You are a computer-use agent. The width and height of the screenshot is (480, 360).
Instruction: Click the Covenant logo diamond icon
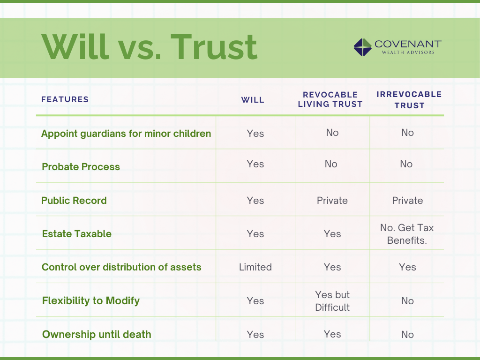362,47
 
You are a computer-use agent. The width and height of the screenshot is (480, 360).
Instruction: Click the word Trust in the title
214,47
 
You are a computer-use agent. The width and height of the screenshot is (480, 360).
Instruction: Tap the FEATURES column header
65,99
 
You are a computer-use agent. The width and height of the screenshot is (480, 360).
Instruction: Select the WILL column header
253,100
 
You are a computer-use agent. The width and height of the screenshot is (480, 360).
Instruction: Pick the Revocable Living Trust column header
330,99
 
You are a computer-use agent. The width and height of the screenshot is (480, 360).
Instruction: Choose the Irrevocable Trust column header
409,99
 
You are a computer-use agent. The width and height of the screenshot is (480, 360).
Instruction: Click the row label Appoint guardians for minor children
126,134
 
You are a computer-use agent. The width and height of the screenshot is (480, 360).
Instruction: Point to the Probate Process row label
81,167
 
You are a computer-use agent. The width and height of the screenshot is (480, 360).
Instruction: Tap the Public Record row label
74,201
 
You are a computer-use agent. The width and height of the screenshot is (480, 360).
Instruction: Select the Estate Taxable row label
76,234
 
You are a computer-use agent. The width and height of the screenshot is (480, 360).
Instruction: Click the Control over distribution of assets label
121,267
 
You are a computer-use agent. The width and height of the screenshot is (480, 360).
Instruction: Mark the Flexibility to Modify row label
91,300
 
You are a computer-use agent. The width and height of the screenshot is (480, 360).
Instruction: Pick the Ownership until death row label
97,334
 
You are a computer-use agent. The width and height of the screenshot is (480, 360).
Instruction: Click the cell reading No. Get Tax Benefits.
407,234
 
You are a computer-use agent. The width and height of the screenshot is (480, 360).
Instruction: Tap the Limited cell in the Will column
255,267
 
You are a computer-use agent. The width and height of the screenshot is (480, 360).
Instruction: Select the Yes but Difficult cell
332,301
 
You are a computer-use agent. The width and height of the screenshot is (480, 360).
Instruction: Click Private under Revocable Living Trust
332,201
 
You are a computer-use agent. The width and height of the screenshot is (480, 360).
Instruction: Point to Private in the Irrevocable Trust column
407,201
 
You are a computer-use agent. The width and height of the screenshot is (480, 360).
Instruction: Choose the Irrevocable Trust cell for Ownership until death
407,334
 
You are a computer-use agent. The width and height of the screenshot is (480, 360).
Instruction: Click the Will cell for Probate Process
255,164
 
